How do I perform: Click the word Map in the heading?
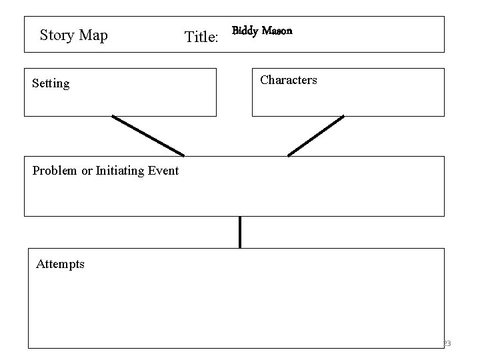click(x=93, y=35)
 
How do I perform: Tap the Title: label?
click(x=201, y=37)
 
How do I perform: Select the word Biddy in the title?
click(x=245, y=31)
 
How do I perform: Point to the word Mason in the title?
click(x=277, y=31)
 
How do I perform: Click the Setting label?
click(x=51, y=83)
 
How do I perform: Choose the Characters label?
click(x=288, y=80)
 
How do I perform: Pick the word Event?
click(x=163, y=171)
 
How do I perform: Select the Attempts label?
click(x=60, y=264)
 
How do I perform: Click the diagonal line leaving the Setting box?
click(x=148, y=136)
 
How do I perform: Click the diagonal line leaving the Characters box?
click(x=315, y=136)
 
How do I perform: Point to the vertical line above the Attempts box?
click(x=240, y=232)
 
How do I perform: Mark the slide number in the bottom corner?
click(x=446, y=343)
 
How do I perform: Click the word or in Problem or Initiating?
click(x=87, y=171)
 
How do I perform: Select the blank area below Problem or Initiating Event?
click(x=233, y=197)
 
